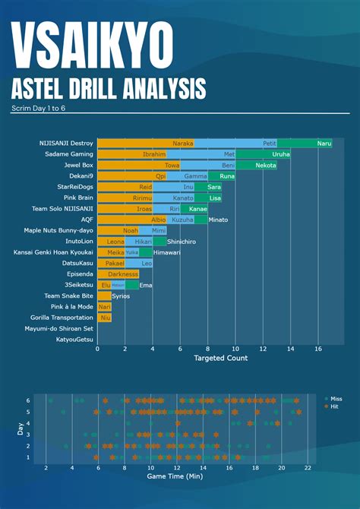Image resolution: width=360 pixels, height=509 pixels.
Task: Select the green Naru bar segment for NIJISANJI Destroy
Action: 305,143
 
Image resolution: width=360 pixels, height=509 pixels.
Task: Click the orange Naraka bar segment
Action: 146,143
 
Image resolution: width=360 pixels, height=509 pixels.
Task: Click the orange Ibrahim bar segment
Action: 132,153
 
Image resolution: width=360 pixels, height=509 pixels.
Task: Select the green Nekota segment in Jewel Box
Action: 257,165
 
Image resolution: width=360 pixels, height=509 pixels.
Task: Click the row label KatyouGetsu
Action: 74,340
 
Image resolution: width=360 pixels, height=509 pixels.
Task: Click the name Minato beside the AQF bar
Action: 219,220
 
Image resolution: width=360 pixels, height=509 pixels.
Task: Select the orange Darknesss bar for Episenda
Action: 118,273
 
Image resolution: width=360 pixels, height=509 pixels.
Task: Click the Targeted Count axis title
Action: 220,358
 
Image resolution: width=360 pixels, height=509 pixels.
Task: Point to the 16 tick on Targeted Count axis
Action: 318,349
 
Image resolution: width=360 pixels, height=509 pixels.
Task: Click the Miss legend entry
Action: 335,398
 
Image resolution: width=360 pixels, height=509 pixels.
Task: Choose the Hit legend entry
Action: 333,406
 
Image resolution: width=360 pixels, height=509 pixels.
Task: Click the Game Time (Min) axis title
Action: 176,478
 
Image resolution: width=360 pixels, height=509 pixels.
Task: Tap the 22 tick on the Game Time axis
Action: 308,469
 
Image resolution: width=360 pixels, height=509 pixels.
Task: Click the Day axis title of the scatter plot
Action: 19,430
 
